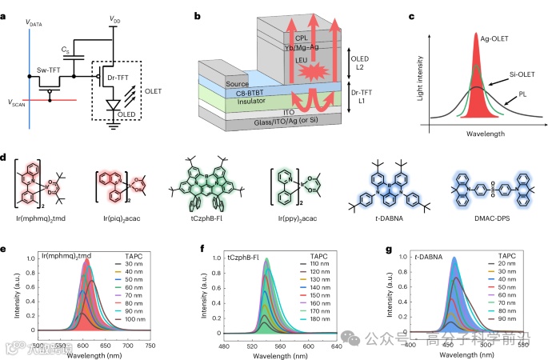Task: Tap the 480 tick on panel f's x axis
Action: (224, 345)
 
